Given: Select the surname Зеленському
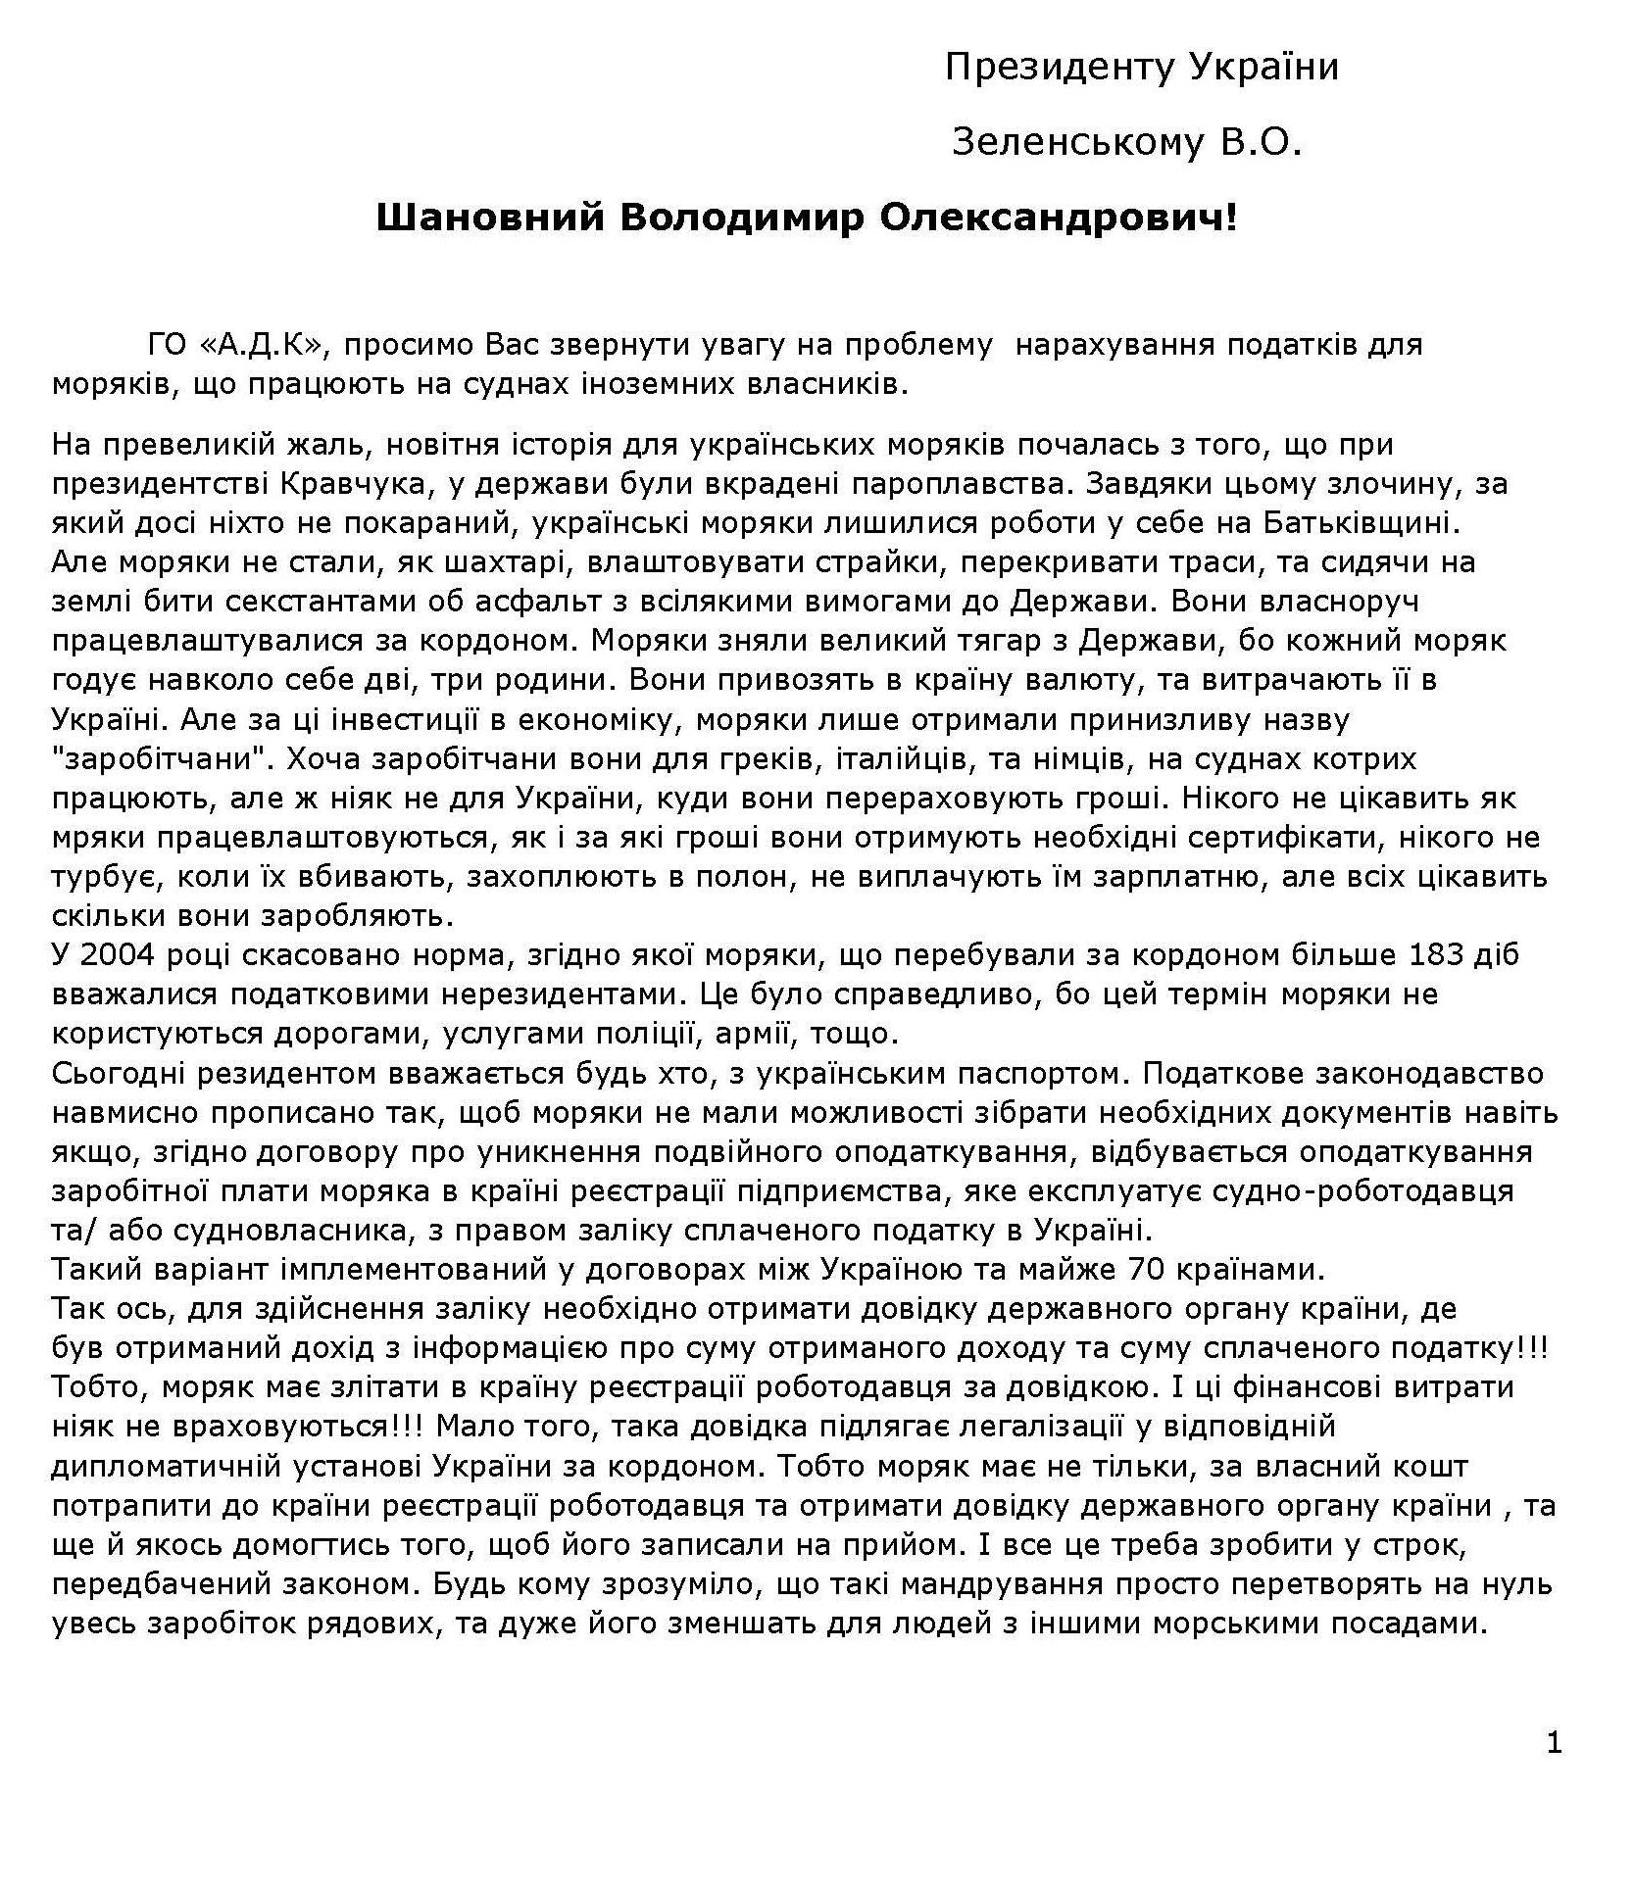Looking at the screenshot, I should coord(1076,144).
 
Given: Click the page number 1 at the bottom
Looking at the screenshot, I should coord(1554,1743).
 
